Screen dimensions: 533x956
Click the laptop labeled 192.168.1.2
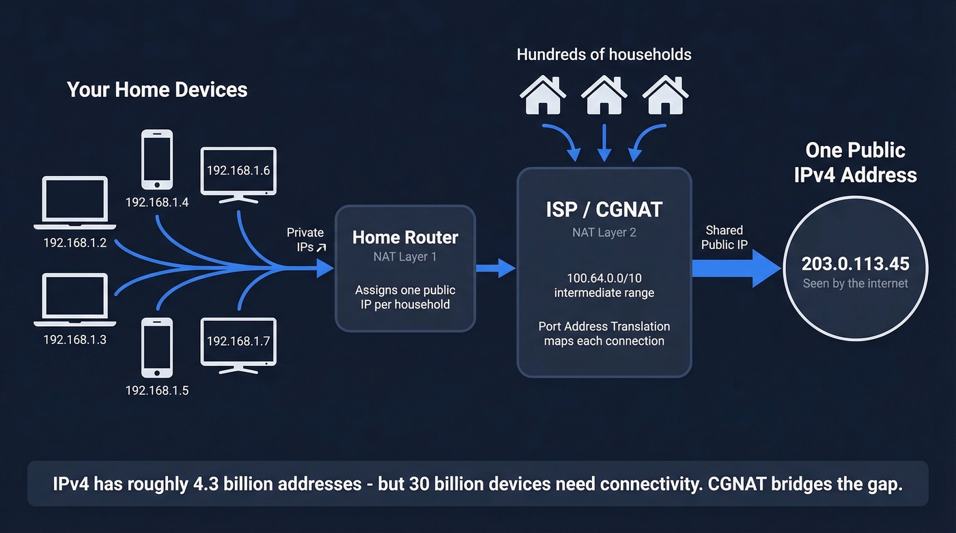[74, 203]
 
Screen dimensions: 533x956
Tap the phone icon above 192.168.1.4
[156, 159]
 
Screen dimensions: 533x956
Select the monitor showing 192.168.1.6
[238, 173]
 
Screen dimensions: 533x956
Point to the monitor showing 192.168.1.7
[238, 343]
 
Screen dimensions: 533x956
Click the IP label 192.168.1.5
[157, 391]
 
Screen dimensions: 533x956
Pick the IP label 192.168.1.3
[75, 339]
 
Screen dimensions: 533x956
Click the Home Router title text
[405, 237]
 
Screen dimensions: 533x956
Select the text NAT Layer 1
[405, 257]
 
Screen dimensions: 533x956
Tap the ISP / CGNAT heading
[604, 210]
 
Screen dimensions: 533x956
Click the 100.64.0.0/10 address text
[604, 278]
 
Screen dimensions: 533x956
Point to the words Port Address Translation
[604, 326]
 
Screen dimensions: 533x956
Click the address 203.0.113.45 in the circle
[855, 264]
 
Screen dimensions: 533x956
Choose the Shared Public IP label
[724, 237]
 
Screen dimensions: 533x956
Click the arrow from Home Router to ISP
[495, 268]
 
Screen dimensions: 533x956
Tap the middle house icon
[604, 95]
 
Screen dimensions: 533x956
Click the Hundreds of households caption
[604, 55]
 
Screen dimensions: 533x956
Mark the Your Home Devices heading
[157, 89]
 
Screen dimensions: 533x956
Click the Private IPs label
[305, 240]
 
